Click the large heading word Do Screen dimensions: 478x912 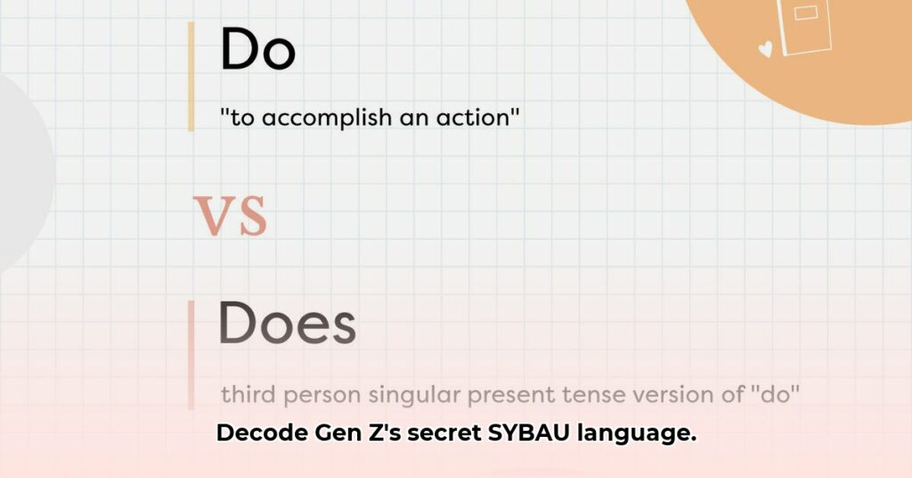pyautogui.click(x=257, y=50)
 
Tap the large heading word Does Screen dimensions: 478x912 pyautogui.click(x=287, y=325)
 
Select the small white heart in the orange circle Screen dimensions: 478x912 pyautogui.click(x=765, y=50)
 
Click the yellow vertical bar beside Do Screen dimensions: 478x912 pyautogui.click(x=191, y=76)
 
